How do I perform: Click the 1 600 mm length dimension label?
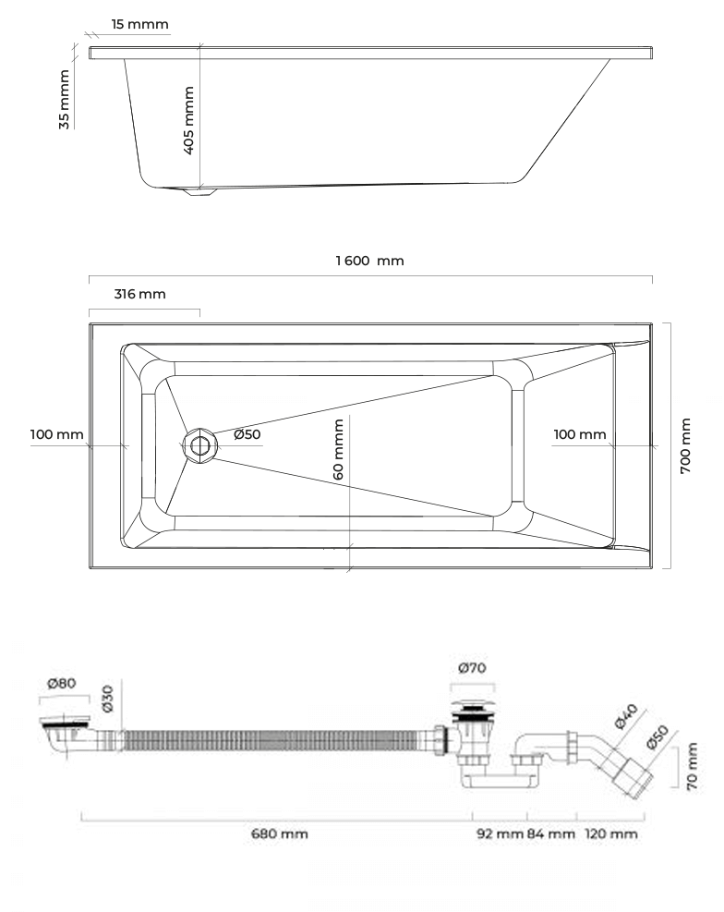click(x=369, y=261)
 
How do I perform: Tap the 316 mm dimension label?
click(x=139, y=294)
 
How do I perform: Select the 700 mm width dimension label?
click(x=685, y=445)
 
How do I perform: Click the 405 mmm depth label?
click(x=188, y=120)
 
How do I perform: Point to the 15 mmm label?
click(x=140, y=24)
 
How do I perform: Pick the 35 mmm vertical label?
click(x=64, y=100)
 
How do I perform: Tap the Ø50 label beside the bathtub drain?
click(x=247, y=434)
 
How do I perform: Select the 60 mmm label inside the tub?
click(x=338, y=450)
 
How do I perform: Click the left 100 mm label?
click(x=57, y=434)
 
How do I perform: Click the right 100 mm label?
click(x=580, y=434)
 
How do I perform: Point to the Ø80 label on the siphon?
click(x=62, y=683)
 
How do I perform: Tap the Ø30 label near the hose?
click(x=107, y=698)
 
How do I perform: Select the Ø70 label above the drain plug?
click(x=472, y=668)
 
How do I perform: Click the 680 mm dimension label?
click(x=280, y=833)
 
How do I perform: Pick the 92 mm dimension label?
click(x=501, y=833)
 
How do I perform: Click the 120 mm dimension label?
click(x=610, y=833)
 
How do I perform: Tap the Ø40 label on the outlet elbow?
click(x=627, y=716)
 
